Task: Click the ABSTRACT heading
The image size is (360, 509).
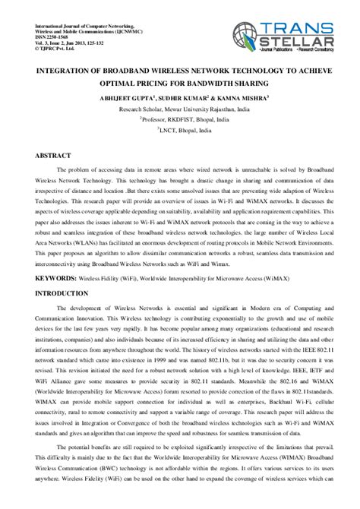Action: pos(53,154)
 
